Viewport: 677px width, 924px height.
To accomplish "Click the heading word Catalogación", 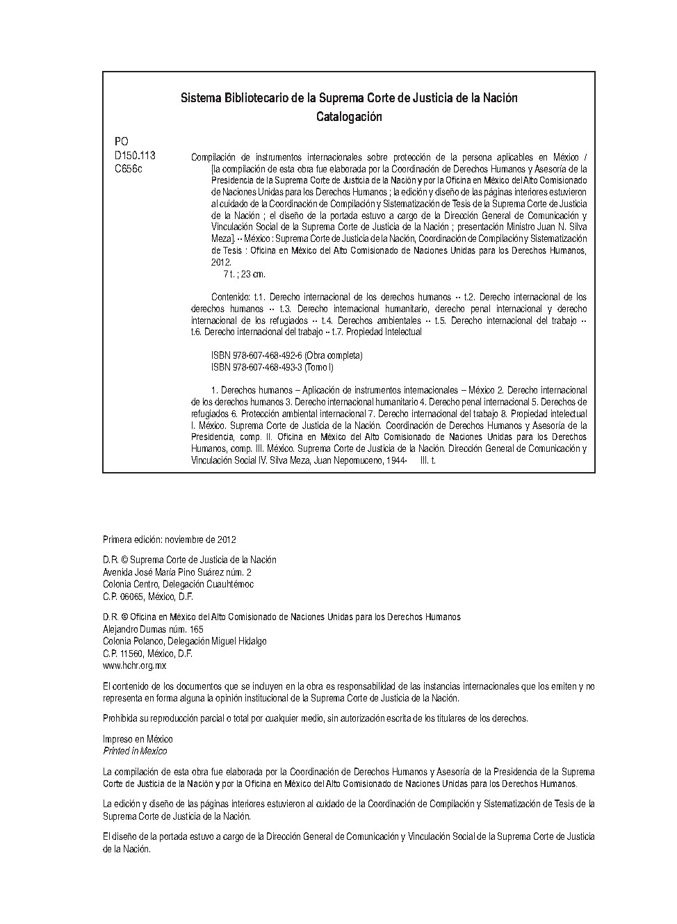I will point(349,117).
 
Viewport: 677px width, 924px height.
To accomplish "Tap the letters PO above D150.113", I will point(121,142).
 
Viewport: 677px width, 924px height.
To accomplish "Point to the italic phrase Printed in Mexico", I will point(135,751).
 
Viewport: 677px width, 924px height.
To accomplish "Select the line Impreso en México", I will point(138,739).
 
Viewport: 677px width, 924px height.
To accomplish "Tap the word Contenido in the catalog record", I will point(231,297).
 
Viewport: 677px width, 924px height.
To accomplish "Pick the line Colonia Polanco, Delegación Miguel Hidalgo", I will point(184,641).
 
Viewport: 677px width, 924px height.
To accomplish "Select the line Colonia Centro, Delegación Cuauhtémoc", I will point(178,584).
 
